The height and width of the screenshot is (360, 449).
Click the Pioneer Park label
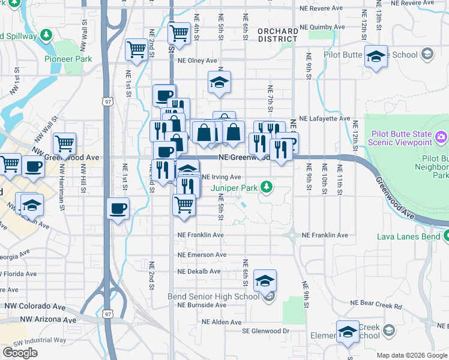68,59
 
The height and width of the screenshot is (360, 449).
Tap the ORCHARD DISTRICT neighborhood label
277,35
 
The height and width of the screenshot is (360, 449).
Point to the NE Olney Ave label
197,61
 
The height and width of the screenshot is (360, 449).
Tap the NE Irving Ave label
221,177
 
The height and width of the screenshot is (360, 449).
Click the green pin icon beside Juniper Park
271,188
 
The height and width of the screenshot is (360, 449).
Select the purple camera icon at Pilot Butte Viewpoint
442,137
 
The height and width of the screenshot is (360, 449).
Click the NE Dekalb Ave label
199,271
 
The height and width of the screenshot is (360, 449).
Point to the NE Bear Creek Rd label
376,305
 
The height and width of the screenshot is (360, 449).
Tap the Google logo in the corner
20,353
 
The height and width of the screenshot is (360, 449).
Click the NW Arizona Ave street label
50,320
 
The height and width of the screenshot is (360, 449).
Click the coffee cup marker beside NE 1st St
118,209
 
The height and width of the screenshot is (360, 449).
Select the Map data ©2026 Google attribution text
412,355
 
